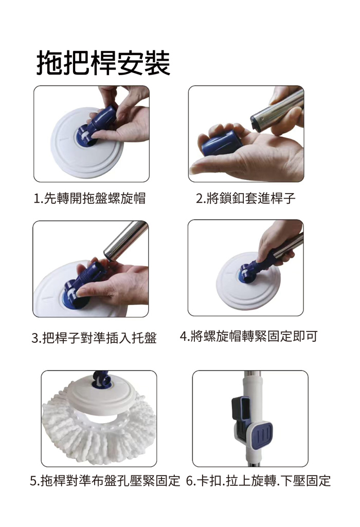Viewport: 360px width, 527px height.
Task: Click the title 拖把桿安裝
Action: [x=103, y=63]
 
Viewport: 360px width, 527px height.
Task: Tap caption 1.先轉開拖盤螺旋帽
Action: [x=89, y=198]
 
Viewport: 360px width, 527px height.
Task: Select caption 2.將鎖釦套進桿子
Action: [x=245, y=198]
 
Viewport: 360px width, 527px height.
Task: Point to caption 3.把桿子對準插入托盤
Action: [x=94, y=338]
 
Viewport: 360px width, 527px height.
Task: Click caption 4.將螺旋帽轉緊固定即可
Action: [x=248, y=336]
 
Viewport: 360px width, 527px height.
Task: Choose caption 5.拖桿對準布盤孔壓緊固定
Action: [x=105, y=481]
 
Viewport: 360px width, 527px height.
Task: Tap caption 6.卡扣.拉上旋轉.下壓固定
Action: [x=258, y=481]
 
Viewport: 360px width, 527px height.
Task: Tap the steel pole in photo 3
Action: [x=126, y=240]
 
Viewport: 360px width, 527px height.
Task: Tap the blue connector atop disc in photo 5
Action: [x=101, y=379]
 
